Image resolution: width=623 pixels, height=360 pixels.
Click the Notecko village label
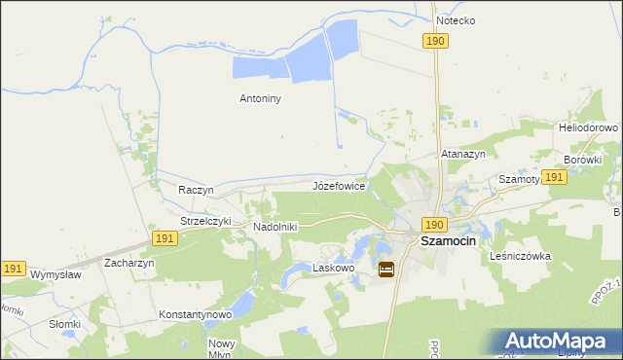coord(456,19)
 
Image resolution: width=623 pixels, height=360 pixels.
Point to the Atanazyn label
coord(463,154)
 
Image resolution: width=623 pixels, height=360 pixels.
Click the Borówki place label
coord(583,159)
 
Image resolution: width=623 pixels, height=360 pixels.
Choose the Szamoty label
coord(520,179)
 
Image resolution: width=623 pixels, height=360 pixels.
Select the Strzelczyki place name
coord(205,221)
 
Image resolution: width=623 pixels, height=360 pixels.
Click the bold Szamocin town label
coord(447,240)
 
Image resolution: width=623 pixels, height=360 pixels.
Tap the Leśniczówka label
coord(522,256)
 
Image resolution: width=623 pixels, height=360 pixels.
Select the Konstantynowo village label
coord(195,315)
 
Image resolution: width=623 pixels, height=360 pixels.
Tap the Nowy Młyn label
coord(222,348)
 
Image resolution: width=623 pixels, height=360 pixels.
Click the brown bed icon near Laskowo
coord(386,270)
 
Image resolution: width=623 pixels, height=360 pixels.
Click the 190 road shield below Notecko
coord(435,40)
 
